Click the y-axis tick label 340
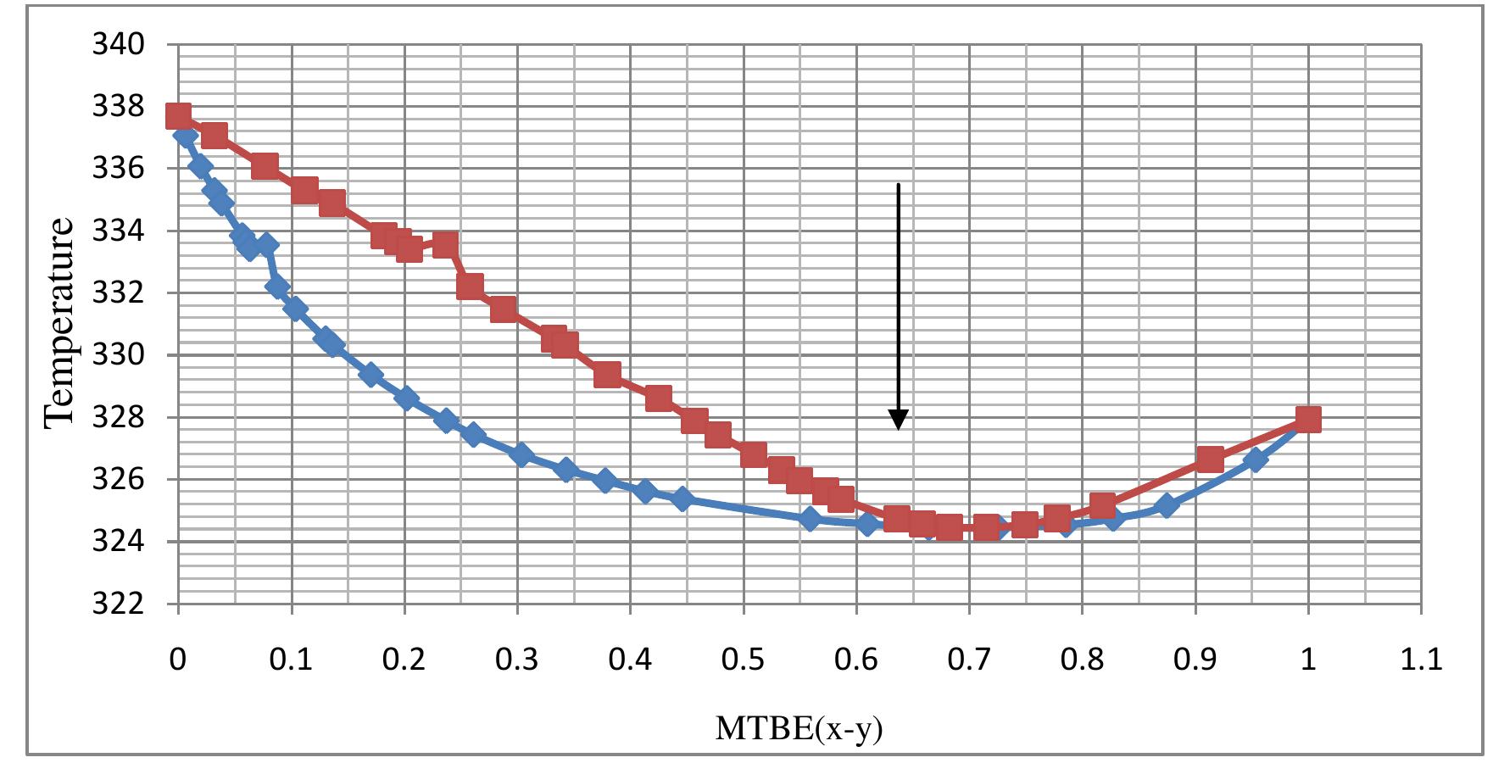[x=118, y=44]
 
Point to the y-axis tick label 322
[x=118, y=604]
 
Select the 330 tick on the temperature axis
[x=118, y=355]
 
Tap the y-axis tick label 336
[x=118, y=169]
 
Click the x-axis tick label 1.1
[x=1421, y=659]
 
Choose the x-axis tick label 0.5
[x=743, y=659]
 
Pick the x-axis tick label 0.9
[x=1195, y=659]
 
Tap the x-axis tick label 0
[x=178, y=659]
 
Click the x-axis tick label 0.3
[x=517, y=659]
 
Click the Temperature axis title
[x=60, y=322]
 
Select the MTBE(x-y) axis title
[x=799, y=728]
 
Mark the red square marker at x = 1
[x=1308, y=419]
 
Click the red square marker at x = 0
[x=178, y=115]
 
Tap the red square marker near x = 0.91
[x=1210, y=460]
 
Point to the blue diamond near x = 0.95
[x=1256, y=459]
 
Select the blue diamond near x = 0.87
[x=1166, y=506]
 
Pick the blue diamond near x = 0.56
[x=811, y=519]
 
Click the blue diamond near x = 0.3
[x=521, y=454]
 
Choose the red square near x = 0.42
[x=658, y=398]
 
